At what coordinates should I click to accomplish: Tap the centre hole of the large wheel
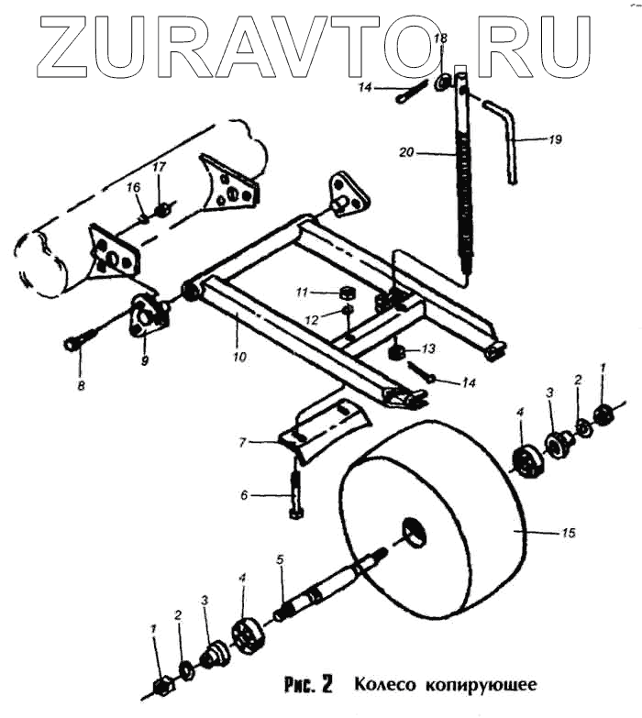tap(414, 529)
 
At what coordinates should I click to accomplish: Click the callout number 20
tap(408, 152)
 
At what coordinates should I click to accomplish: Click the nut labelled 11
tap(348, 293)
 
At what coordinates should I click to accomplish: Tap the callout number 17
tap(160, 168)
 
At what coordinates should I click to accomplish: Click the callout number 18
tap(440, 39)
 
